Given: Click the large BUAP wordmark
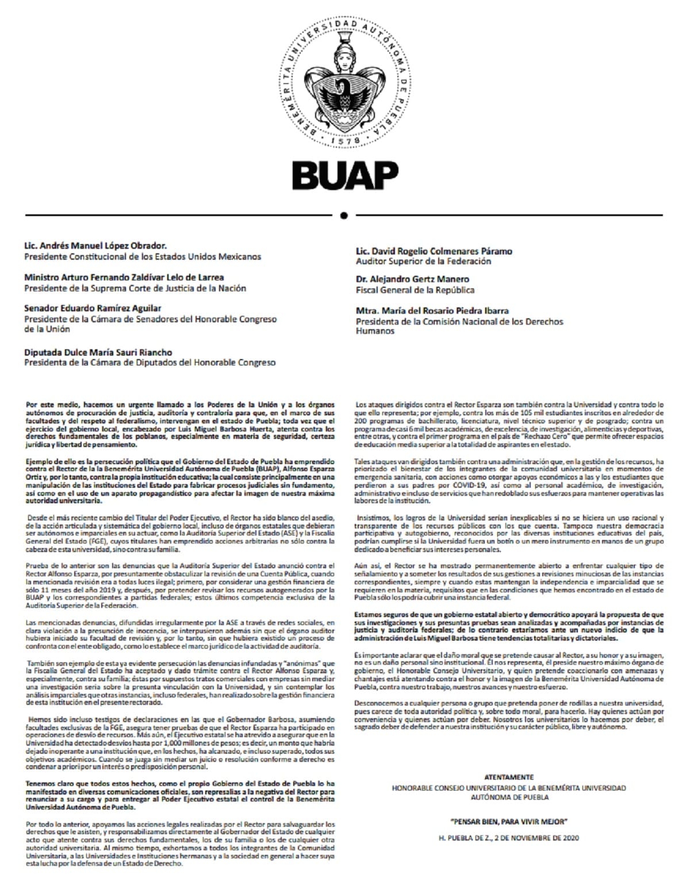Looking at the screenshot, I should pyautogui.click(x=345, y=175).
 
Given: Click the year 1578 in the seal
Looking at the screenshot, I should pyautogui.click(x=346, y=140).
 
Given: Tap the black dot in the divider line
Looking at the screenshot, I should pyautogui.click(x=344, y=215).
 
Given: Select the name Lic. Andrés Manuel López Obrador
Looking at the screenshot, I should pyautogui.click(x=95, y=246).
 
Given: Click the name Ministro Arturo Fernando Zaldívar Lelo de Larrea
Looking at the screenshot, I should pyautogui.click(x=124, y=277).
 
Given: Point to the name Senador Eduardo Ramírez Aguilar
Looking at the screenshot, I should pyautogui.click(x=93, y=308).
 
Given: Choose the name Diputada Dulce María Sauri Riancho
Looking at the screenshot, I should pyautogui.click(x=98, y=352).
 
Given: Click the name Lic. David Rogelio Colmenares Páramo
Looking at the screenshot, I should pyautogui.click(x=434, y=251).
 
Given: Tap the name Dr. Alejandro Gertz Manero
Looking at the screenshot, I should pyautogui.click(x=412, y=279).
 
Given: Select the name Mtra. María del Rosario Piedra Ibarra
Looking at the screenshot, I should pyautogui.click(x=432, y=311).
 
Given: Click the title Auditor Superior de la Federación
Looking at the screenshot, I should pyautogui.click(x=423, y=261).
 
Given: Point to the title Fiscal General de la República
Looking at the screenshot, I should pyautogui.click(x=415, y=290).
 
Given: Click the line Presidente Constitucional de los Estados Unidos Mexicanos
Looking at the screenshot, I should pyautogui.click(x=143, y=257).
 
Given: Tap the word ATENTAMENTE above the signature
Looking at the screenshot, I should pyautogui.click(x=509, y=777).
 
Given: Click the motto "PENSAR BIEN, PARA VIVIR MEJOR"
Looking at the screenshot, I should pyautogui.click(x=509, y=821).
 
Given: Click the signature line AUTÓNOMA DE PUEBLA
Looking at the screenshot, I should pyautogui.click(x=509, y=797).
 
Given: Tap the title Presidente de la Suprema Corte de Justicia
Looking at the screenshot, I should pyautogui.click(x=135, y=288).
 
